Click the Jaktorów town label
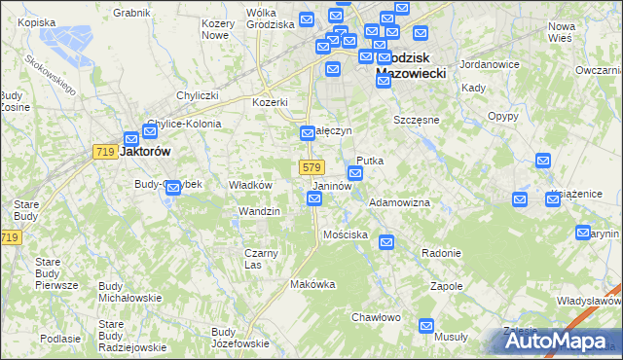coord(145,152)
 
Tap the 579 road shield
coord(311,167)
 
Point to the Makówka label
coord(312,284)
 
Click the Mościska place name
coord(346,234)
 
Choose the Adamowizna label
coord(399,201)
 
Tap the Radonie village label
coord(441,253)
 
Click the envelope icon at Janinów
coord(314,199)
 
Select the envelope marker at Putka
coord(356,174)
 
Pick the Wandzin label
coord(260,211)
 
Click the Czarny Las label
coord(261,259)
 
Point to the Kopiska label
coord(36,21)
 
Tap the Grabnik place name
coord(131,13)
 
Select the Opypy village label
coord(502,115)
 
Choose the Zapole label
coord(446,287)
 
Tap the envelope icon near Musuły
coord(425,327)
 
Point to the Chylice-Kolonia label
coord(184,124)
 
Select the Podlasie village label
coord(61,338)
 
